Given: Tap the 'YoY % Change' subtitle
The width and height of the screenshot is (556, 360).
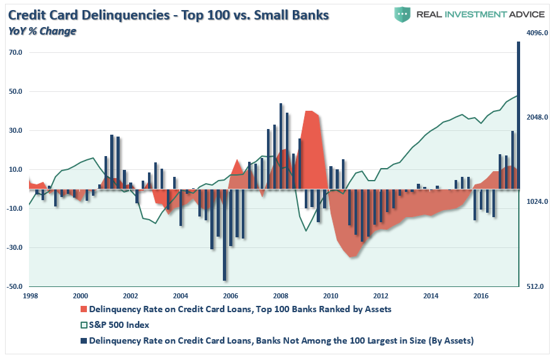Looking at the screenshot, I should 42,30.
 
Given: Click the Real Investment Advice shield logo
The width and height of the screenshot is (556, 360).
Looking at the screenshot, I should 402,14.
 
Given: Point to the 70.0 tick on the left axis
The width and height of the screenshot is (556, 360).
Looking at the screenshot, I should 15,52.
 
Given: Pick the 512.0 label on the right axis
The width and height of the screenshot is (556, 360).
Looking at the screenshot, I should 532,286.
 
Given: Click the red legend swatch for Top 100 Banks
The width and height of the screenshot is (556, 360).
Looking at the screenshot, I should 84,309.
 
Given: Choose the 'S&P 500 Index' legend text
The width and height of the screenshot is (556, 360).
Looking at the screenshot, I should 119,325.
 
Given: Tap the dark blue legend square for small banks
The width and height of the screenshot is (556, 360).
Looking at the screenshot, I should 84,340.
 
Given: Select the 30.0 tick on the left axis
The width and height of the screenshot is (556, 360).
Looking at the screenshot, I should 15,130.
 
